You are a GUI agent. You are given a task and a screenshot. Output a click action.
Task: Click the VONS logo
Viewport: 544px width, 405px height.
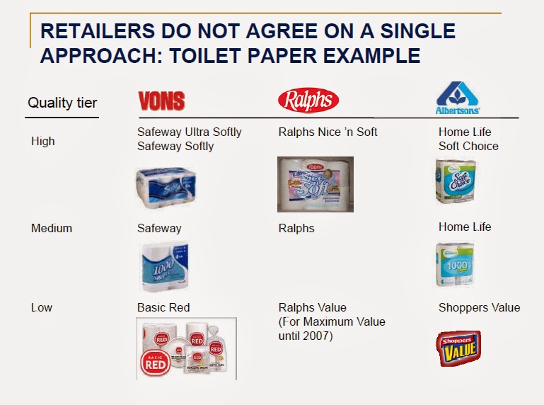point(161,101)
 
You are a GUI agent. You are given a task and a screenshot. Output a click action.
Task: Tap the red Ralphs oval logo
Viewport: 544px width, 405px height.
point(308,101)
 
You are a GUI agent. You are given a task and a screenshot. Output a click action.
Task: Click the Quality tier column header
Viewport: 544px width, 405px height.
point(62,103)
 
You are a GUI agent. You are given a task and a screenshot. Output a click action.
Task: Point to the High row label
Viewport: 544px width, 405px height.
point(43,141)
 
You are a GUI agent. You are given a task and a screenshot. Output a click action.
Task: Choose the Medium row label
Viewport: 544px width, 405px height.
point(52,229)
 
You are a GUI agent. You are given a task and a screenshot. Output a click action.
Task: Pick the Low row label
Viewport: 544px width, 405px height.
point(42,307)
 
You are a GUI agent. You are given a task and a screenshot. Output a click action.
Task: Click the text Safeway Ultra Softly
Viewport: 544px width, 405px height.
point(189,132)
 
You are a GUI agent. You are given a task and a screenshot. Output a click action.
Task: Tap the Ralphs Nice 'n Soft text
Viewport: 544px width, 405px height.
point(328,132)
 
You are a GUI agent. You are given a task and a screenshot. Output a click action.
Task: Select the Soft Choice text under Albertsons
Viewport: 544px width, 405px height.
point(468,146)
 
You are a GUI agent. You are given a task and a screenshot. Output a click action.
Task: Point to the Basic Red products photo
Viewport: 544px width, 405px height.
point(186,348)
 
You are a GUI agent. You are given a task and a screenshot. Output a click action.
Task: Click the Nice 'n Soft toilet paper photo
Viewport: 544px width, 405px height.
point(315,184)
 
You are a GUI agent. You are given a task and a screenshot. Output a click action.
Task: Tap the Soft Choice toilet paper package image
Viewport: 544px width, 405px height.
point(456,182)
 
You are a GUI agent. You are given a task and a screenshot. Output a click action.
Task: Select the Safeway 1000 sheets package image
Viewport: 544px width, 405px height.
point(165,267)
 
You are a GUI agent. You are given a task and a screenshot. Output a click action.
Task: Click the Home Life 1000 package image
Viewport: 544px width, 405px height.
point(455,263)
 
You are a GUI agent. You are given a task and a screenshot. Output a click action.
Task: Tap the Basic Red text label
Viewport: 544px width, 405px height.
point(163,307)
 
